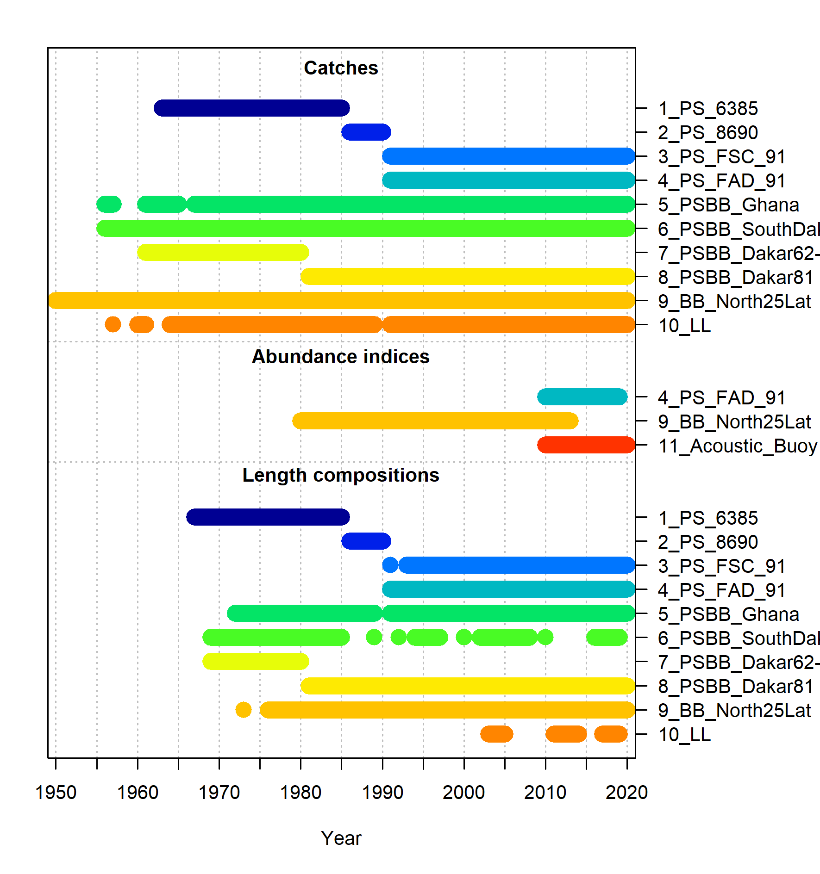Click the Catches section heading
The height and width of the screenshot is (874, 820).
coord(341,68)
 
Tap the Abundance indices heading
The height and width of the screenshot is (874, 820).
coord(340,357)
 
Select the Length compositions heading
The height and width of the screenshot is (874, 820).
coord(340,475)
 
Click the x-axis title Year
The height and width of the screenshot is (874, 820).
coord(341,838)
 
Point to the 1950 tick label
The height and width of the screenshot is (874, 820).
coord(56,792)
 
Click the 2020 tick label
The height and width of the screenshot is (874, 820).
coord(626,792)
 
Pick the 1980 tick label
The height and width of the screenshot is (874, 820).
coord(300,792)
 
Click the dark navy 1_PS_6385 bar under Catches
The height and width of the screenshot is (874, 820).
coord(251,108)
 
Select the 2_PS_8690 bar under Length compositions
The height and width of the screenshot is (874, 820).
coord(366,541)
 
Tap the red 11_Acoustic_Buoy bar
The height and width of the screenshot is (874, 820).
coord(586,445)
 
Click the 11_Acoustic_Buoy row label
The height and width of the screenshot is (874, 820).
coord(738,446)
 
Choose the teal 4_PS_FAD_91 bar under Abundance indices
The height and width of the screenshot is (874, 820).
coord(582,397)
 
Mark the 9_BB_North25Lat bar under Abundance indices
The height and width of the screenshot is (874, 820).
coord(435,421)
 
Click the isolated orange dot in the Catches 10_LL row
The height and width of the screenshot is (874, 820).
coord(113,324)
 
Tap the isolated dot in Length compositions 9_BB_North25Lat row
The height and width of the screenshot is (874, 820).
coord(244,709)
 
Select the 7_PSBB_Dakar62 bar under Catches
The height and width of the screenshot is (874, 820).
coord(223,252)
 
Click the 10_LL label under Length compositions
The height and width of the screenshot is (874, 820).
coord(684,735)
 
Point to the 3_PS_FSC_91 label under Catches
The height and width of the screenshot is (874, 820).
coord(721,157)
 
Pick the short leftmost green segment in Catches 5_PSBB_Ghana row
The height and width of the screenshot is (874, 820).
coord(109,204)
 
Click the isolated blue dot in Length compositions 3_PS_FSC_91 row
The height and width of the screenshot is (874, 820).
coord(390,565)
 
